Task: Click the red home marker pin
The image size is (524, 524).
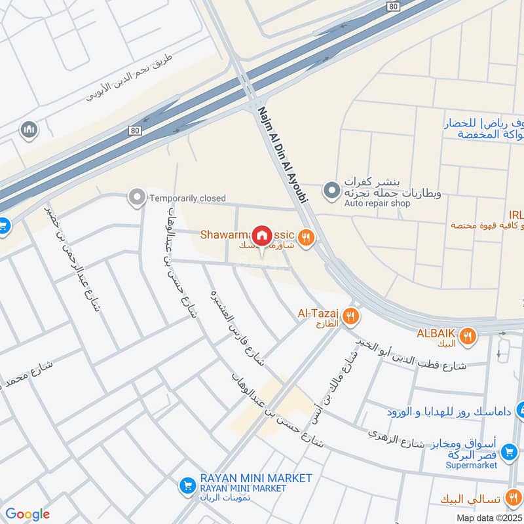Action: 262,234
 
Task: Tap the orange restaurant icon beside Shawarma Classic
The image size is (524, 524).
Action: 305,236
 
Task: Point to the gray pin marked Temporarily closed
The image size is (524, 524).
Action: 137,196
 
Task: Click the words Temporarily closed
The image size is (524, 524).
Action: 187,198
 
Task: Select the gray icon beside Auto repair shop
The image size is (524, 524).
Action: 331,191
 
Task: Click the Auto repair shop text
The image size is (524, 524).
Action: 377,203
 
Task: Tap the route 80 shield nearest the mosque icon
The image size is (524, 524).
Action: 134,130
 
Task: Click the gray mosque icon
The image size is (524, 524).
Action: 28,130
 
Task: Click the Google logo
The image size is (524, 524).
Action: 28,514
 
